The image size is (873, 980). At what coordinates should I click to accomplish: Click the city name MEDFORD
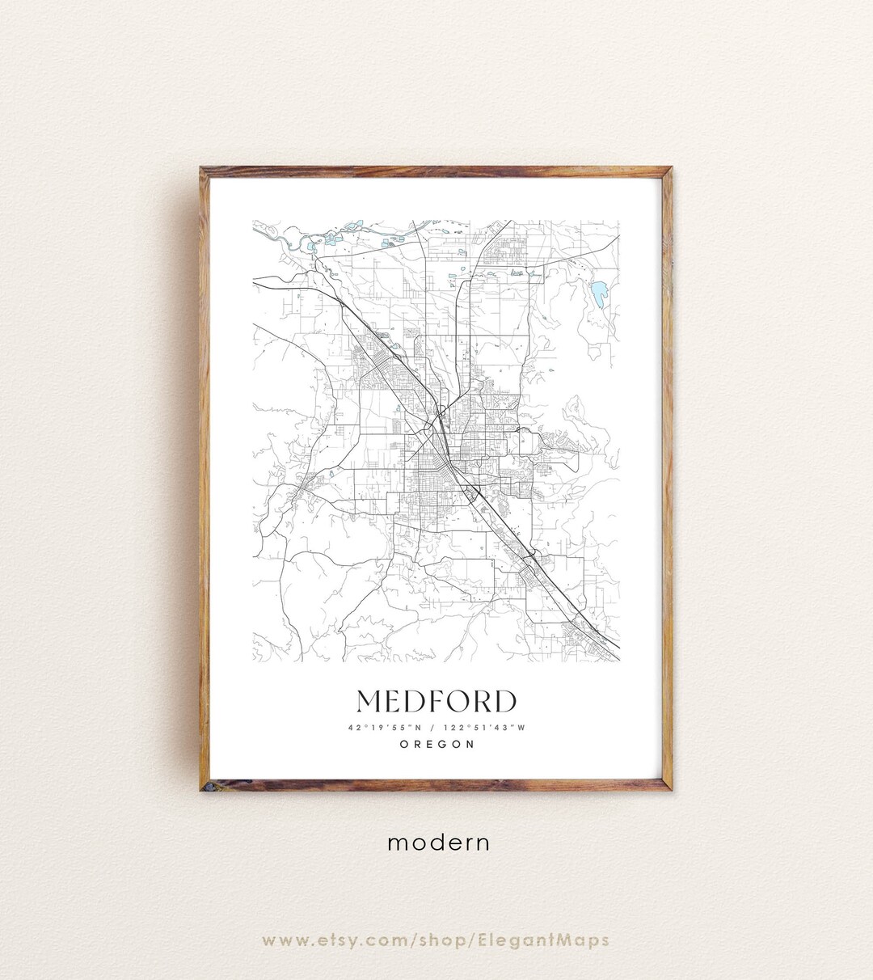click(436, 702)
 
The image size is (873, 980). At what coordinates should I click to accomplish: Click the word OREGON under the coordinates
click(436, 745)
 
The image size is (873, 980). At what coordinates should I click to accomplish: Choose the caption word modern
click(438, 843)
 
